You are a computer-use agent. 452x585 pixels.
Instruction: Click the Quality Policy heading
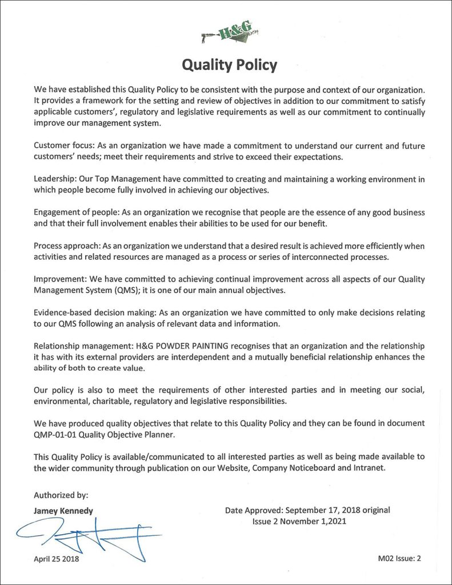tap(229, 65)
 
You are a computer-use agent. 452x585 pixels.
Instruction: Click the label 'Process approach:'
tap(67, 246)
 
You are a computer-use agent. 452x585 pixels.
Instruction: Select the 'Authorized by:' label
tap(61, 495)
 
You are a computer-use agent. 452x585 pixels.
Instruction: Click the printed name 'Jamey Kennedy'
tap(63, 511)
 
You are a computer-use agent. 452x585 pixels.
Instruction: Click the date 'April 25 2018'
tap(57, 559)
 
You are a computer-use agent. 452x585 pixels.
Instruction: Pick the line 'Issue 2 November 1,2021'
tap(299, 521)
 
